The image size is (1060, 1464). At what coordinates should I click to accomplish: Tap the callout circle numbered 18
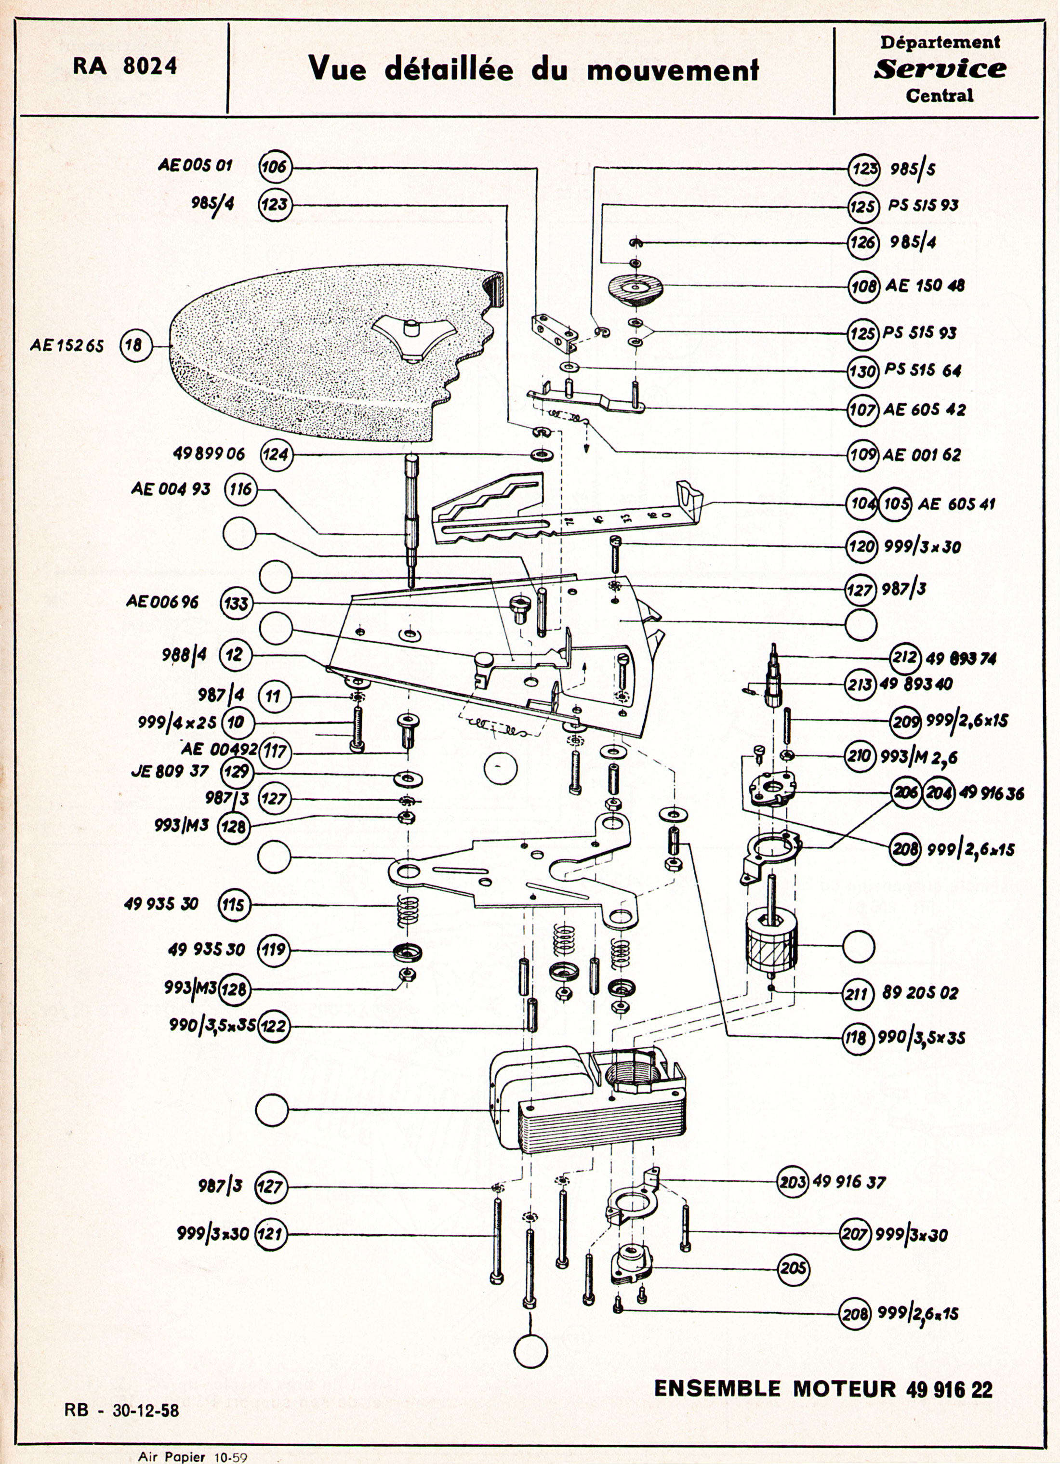click(134, 345)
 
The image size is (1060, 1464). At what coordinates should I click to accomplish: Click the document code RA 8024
click(125, 66)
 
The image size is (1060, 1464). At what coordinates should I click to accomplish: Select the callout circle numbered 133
click(236, 604)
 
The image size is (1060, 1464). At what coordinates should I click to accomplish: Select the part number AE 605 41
click(956, 503)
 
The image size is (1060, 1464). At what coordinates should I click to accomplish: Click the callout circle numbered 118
click(859, 1038)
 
